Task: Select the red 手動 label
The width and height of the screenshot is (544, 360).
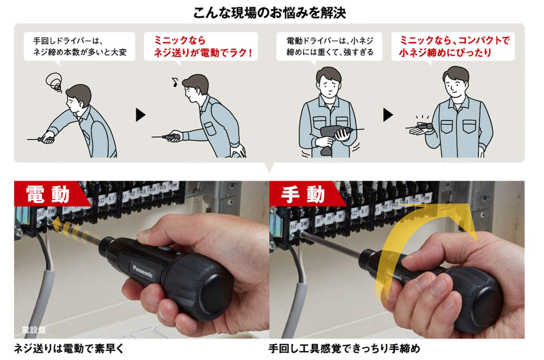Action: coord(303,194)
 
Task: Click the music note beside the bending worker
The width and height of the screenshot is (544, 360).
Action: coord(173,81)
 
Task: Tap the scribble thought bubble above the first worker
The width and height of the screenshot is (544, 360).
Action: coord(54,82)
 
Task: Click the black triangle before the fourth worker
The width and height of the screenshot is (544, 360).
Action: coord(388,115)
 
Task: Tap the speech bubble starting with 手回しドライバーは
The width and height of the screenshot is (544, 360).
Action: coord(80,46)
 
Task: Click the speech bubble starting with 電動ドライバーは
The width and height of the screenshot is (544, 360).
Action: coord(330,46)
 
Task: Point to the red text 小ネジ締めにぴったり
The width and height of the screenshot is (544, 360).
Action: coord(445,52)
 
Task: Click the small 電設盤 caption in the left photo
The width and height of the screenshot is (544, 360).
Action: coord(34,330)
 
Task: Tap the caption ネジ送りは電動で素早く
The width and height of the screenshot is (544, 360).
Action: coord(69,349)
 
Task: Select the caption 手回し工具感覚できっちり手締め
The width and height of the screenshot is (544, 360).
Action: coord(344,349)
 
